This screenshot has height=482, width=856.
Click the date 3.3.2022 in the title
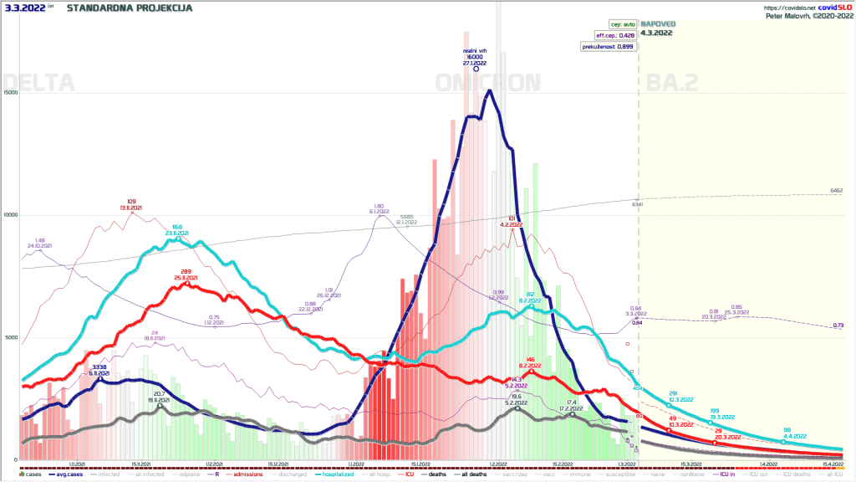pos(23,8)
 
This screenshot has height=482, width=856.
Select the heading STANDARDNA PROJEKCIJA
pos(129,8)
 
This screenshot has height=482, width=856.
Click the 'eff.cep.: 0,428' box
pos(614,36)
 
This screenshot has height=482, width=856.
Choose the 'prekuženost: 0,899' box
pos(609,47)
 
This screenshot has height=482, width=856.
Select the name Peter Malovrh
pos(795,15)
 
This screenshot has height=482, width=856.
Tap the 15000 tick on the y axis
pos(10,93)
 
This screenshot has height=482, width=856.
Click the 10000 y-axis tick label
pos(10,215)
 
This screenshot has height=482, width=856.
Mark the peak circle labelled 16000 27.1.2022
pos(476,69)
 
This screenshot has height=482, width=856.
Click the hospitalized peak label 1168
pos(177,227)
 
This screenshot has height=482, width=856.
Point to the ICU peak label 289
pos(186,271)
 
